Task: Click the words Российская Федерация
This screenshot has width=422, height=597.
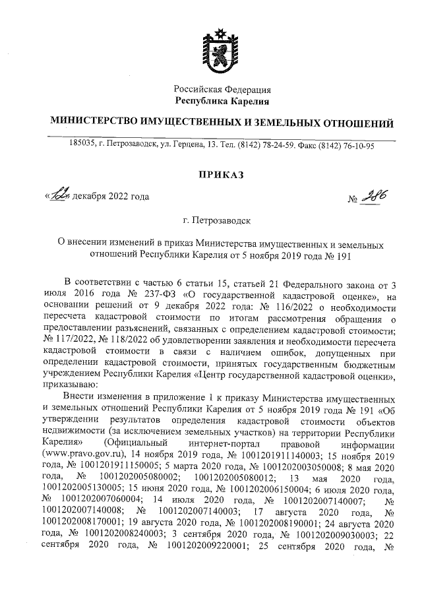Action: [x=222, y=89]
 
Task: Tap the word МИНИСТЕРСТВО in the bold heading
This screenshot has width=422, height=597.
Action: [x=92, y=123]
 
